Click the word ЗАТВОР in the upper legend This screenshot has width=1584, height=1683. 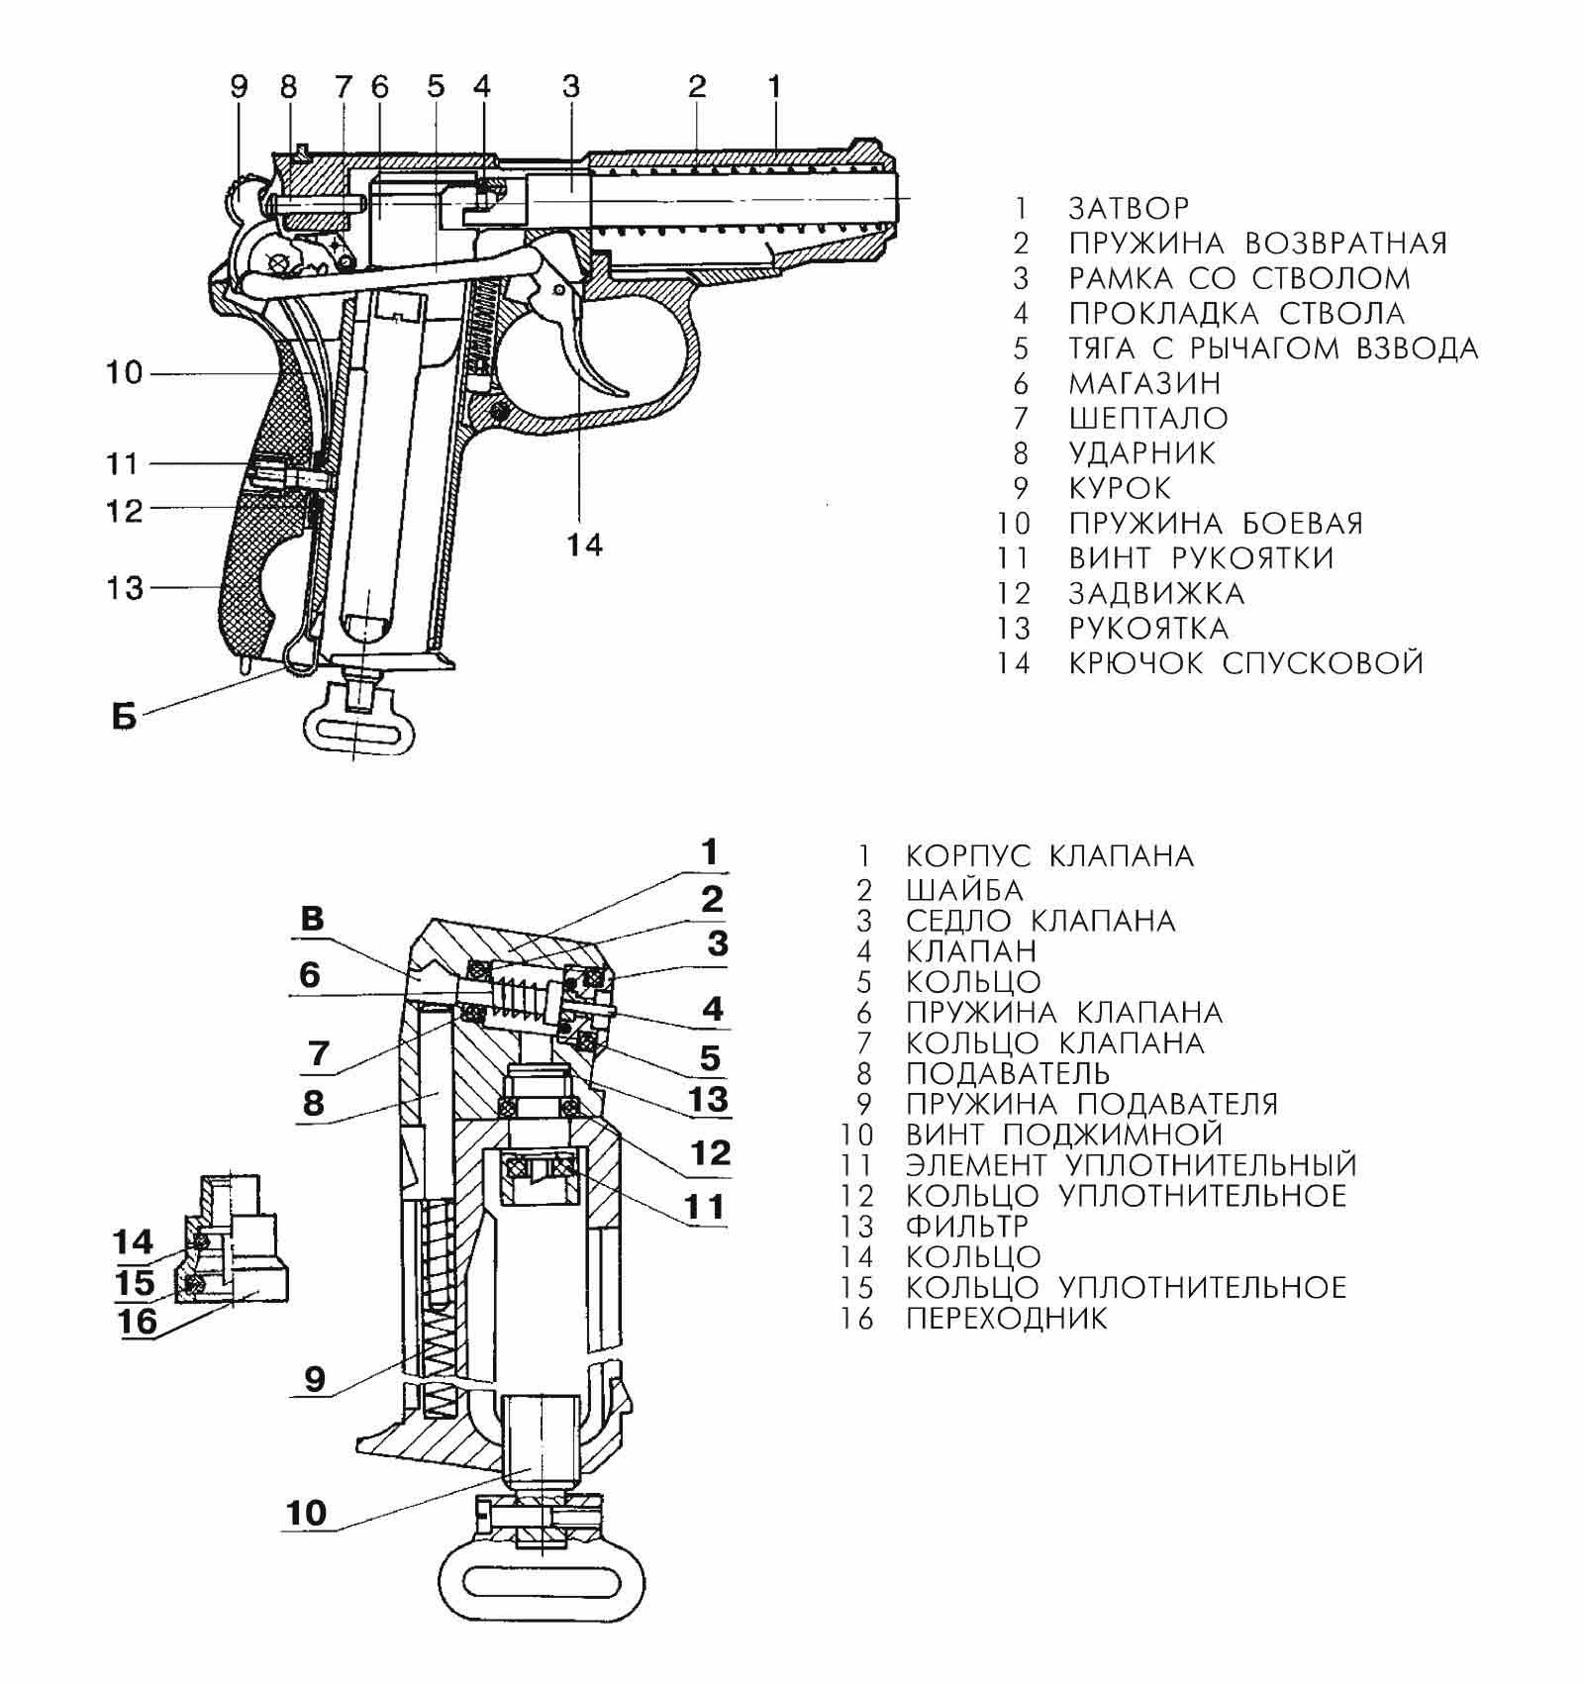[1129, 208]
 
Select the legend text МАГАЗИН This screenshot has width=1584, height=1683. [1144, 383]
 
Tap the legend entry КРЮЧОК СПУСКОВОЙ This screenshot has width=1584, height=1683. [1245, 662]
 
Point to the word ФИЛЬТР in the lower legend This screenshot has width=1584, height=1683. [966, 1226]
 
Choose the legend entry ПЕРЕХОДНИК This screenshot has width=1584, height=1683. [1006, 1318]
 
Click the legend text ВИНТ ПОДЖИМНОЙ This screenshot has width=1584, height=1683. [1064, 1134]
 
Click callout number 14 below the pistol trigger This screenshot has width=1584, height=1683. [585, 544]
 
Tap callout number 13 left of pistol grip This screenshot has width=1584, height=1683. [126, 588]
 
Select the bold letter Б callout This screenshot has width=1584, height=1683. [124, 718]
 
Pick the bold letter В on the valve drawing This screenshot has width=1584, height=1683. [312, 919]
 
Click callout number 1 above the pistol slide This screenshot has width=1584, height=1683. [774, 86]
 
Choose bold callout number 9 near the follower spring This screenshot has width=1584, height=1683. [314, 1378]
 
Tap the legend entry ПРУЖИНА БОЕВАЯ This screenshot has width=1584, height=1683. [1216, 523]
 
